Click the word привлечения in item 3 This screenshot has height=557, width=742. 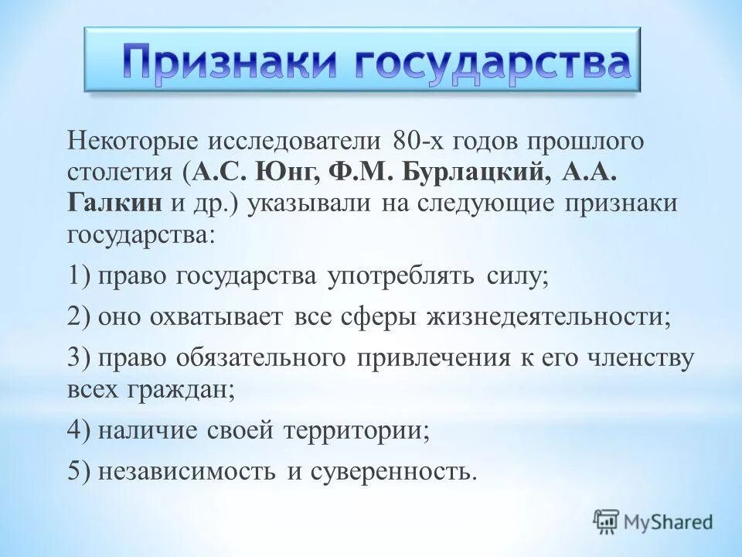tap(433, 359)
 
